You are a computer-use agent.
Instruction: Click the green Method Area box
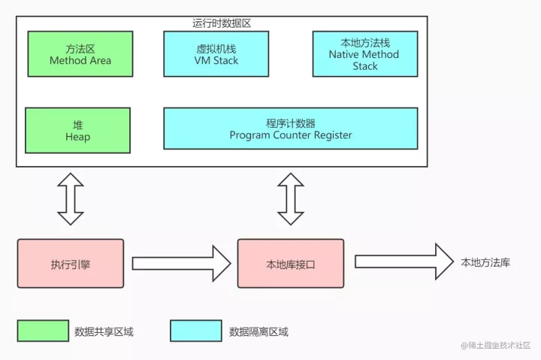coord(80,53)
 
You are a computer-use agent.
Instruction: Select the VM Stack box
coord(216,53)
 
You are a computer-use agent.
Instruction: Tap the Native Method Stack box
coord(365,53)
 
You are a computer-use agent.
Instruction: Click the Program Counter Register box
coord(290,129)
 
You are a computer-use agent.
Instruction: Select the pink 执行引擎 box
coord(71,263)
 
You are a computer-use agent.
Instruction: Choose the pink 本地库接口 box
coord(291,263)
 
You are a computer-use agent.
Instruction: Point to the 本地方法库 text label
coord(485,262)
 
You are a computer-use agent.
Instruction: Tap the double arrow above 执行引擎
coord(71,198)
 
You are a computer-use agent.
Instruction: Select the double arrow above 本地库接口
coord(291,198)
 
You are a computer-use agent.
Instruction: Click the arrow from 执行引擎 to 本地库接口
coord(180,263)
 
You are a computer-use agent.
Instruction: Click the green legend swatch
coord(43,331)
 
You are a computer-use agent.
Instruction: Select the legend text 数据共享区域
coord(104,331)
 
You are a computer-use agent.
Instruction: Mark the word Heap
coord(77,137)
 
